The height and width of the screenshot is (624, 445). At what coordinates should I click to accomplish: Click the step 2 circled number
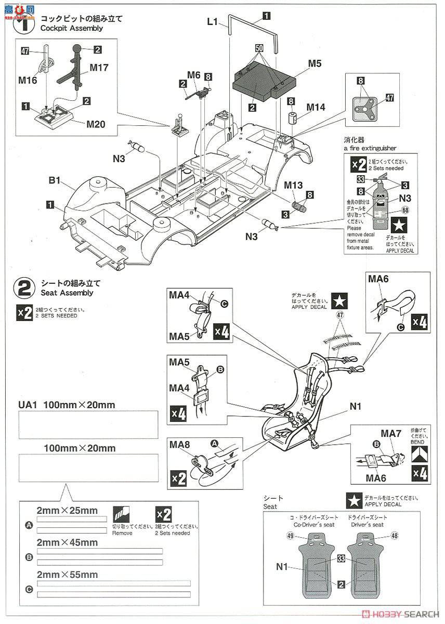click(x=26, y=288)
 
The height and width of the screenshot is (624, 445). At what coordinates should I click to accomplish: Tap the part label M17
click(x=99, y=67)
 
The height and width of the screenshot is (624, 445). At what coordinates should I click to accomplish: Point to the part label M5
click(x=315, y=63)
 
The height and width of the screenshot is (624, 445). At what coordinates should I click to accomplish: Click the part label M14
click(x=316, y=108)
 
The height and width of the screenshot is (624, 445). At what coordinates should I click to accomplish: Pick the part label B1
click(x=55, y=181)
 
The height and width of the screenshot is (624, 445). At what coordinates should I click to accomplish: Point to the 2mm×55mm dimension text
click(x=67, y=575)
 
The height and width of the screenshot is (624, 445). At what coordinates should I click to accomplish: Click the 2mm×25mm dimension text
click(x=67, y=510)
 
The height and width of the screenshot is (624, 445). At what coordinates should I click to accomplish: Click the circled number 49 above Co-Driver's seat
click(x=290, y=536)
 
